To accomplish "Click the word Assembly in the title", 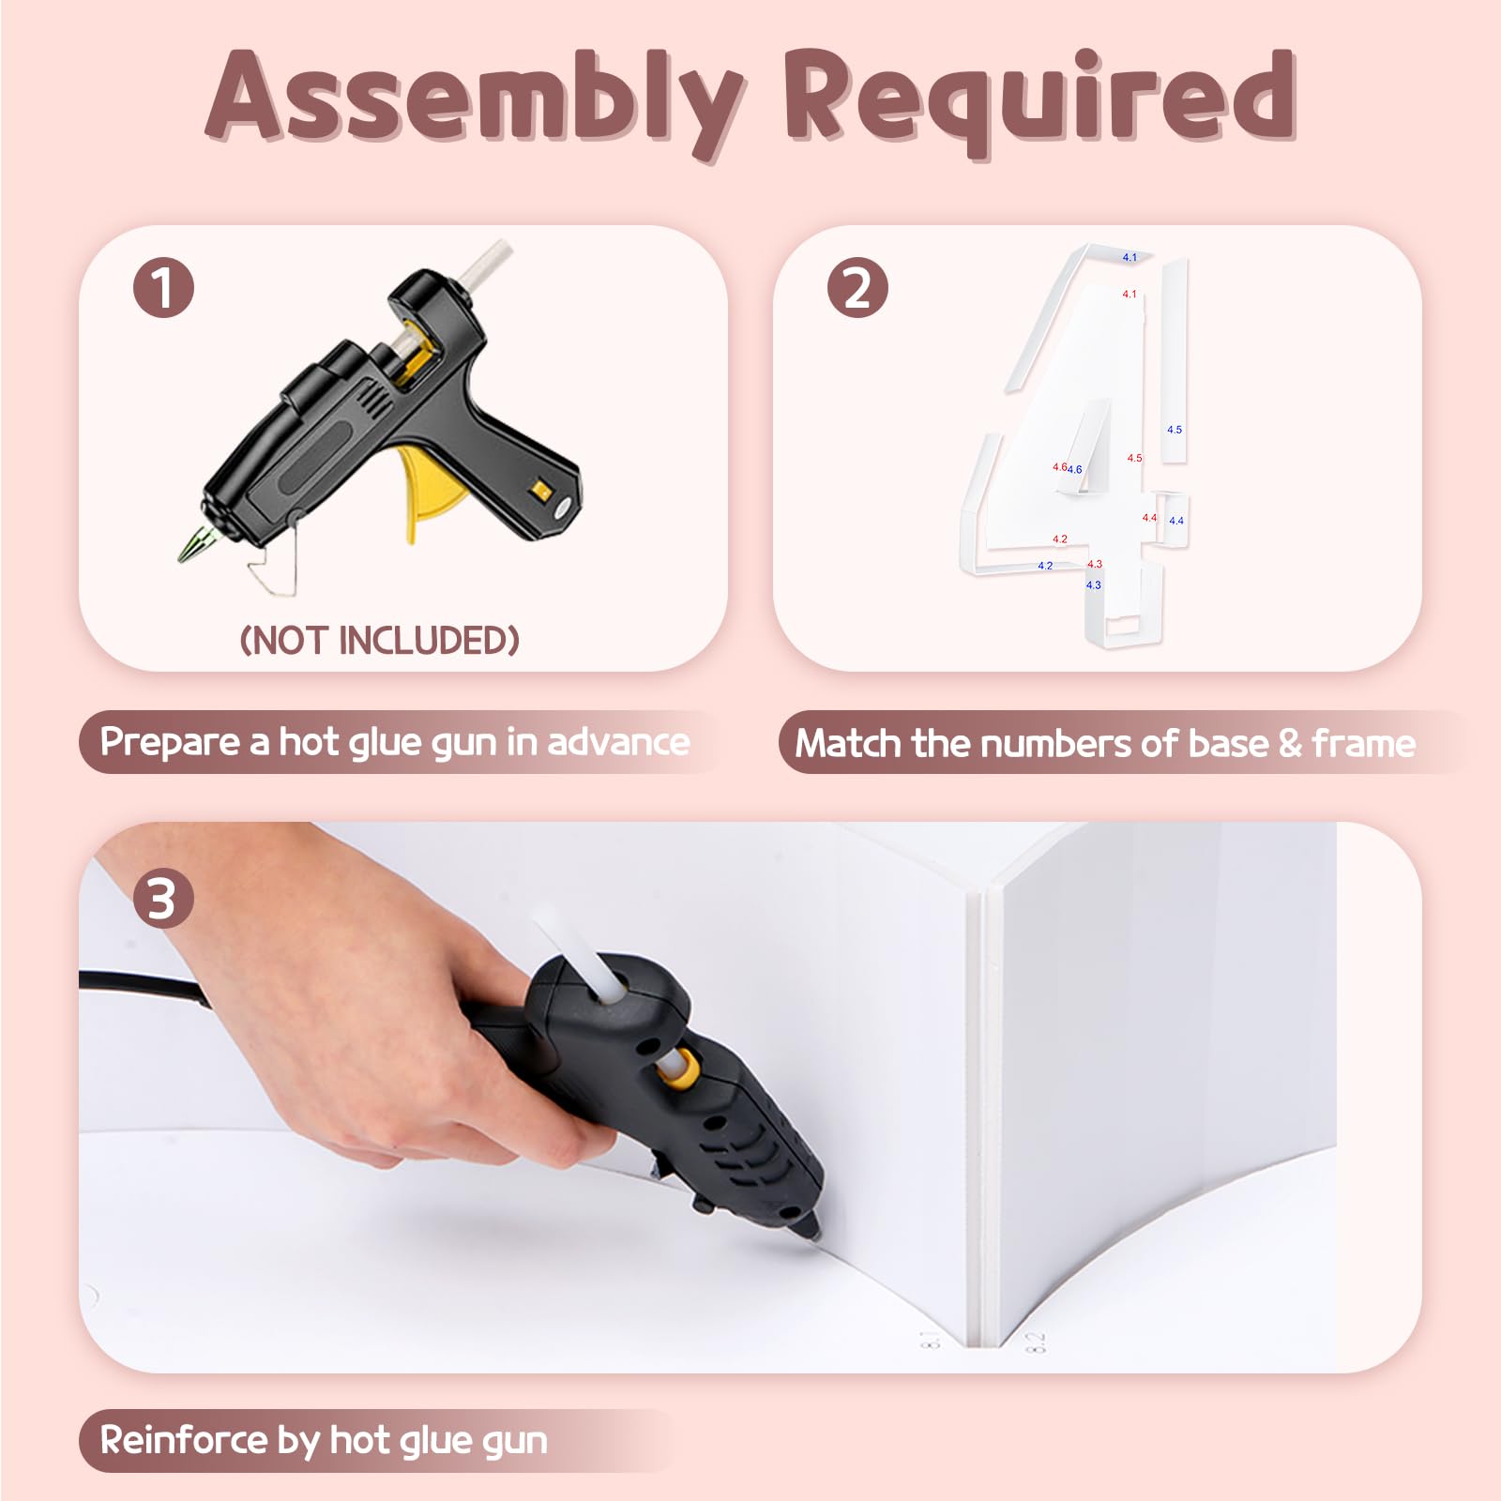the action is click(476, 100).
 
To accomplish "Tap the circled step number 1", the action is click(163, 287).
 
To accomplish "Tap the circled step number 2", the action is click(857, 287).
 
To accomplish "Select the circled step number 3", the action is click(163, 899).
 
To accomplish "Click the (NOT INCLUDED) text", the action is click(380, 641).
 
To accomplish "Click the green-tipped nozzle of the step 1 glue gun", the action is click(195, 544).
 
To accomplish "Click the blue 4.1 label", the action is click(1130, 257).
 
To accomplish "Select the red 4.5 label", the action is click(1135, 458).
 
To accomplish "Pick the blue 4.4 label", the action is click(1176, 521).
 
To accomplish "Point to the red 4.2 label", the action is click(1060, 539).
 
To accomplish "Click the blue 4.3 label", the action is click(1094, 584).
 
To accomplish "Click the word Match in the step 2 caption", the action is click(849, 743).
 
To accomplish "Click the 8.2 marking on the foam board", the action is click(1036, 1342).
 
